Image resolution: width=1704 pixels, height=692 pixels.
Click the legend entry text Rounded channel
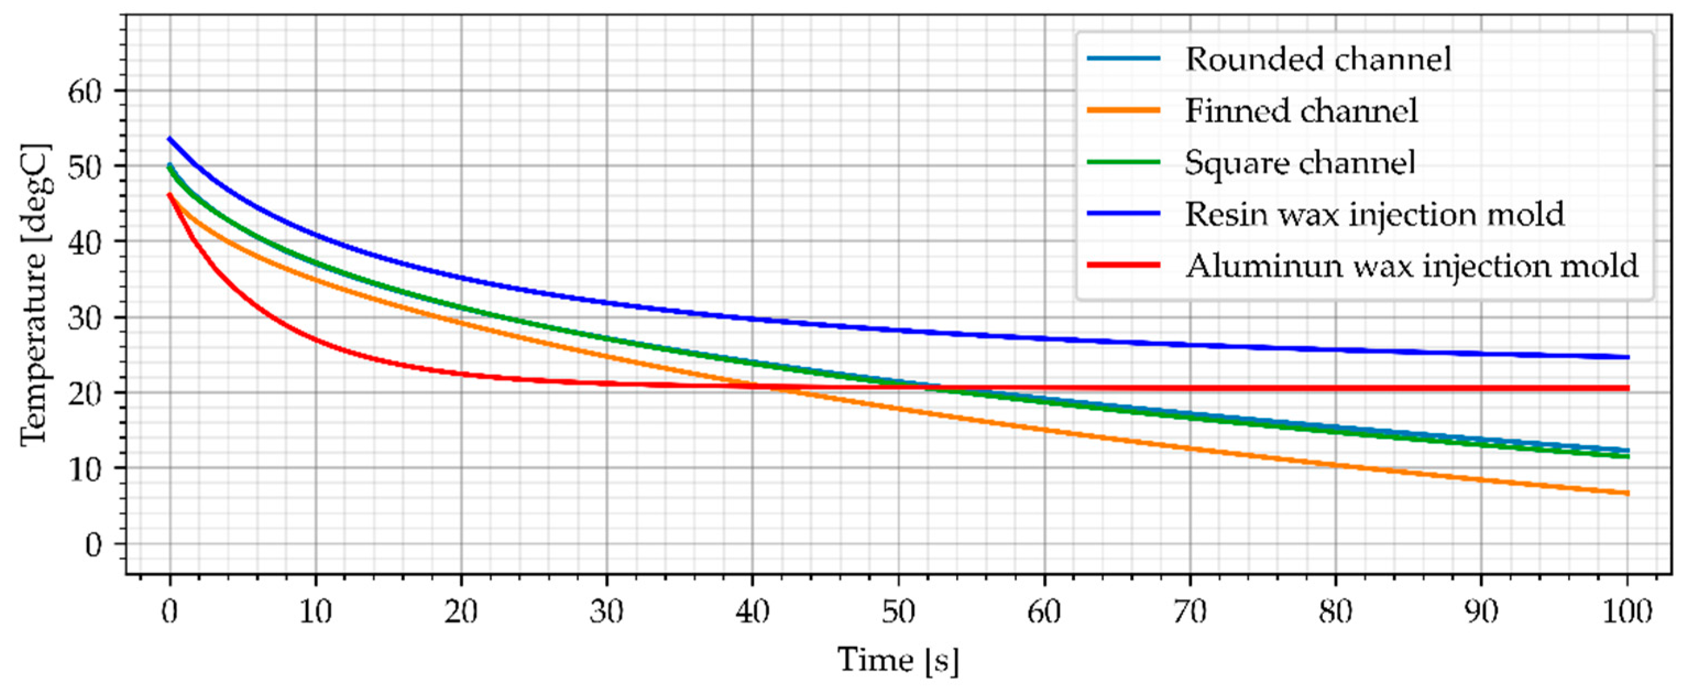[x=1318, y=59]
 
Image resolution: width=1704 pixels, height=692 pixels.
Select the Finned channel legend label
[x=1301, y=111]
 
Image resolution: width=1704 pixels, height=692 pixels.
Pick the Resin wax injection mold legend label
[x=1374, y=214]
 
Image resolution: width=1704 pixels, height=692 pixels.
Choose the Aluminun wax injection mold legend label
[x=1411, y=265]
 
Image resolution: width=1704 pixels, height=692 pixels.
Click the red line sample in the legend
[x=1123, y=265]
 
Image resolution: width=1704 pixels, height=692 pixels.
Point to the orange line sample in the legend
[x=1123, y=111]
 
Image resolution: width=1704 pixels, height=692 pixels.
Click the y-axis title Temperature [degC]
[x=35, y=295]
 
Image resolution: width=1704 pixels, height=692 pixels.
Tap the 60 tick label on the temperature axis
[x=85, y=91]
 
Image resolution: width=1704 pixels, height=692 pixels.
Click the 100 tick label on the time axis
[x=1628, y=612]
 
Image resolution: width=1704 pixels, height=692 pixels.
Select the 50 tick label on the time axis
[x=898, y=612]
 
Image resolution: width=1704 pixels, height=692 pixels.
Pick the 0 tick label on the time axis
[x=170, y=612]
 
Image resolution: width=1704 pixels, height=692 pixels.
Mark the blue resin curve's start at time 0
[x=170, y=138]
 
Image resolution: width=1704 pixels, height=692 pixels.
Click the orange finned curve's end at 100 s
[x=1628, y=493]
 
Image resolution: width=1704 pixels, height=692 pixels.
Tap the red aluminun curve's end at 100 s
[x=1628, y=388]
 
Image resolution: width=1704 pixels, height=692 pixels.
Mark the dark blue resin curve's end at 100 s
[x=1628, y=357]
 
